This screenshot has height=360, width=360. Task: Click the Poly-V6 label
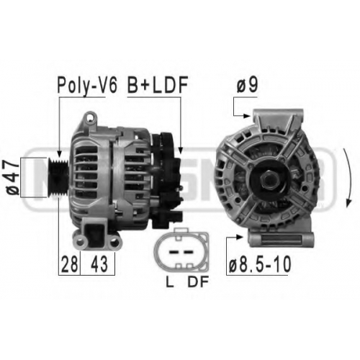point(87,86)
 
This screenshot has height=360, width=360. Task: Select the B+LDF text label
point(158,85)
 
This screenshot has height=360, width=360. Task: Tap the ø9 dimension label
point(247,85)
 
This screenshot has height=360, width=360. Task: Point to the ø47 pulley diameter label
point(12,177)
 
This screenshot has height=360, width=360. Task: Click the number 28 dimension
point(69,264)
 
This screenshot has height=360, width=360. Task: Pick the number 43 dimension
point(99,264)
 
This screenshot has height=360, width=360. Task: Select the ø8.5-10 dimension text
point(260,264)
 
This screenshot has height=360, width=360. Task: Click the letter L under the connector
point(170,282)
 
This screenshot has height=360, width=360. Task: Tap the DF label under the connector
point(198,282)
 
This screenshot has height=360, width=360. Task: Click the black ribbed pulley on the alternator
point(58,177)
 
